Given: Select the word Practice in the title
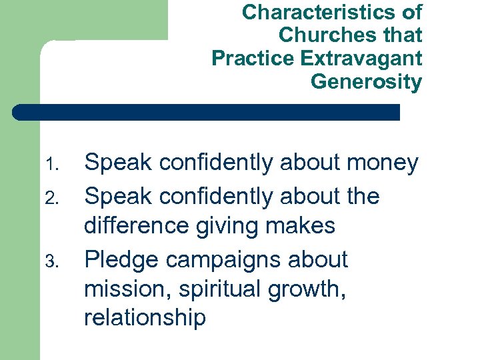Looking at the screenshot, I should (253, 59).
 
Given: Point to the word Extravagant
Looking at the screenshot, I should (361, 59).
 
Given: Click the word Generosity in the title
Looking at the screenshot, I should (366, 82).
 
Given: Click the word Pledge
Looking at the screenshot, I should (122, 260).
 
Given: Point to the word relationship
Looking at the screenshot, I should (145, 318).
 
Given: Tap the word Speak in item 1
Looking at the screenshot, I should (117, 163).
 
